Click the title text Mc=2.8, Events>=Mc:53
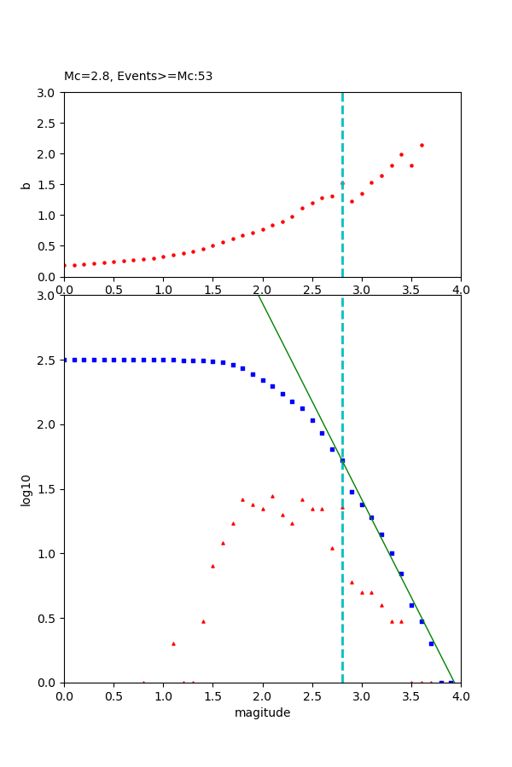point(138,76)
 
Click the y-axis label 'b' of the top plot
point(26,184)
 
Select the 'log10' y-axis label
point(26,489)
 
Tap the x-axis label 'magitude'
point(262,712)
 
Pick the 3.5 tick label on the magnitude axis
point(411,696)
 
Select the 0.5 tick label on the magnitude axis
point(113,696)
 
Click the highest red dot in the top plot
point(422,145)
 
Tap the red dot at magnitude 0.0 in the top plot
point(64,265)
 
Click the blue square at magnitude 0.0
point(64,360)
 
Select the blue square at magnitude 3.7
point(431,643)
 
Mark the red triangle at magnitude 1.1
point(173,643)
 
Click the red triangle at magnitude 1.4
point(203,621)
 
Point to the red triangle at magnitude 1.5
point(212,566)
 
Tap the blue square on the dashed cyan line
point(342,460)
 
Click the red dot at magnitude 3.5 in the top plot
point(411,165)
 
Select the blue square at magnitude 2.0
point(263,380)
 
